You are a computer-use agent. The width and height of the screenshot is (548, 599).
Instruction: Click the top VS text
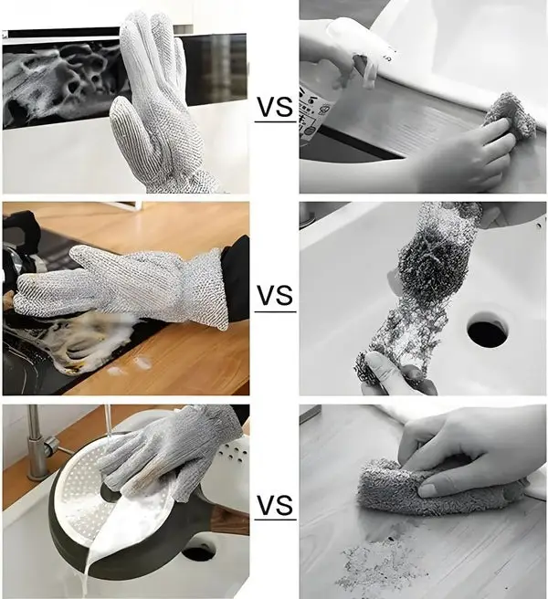coord(274,108)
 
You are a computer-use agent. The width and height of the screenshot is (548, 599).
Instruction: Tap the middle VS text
coord(275,296)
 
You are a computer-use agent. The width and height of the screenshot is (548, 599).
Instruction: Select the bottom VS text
coord(275,504)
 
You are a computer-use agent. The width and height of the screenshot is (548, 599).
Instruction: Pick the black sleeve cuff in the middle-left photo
coord(237,278)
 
